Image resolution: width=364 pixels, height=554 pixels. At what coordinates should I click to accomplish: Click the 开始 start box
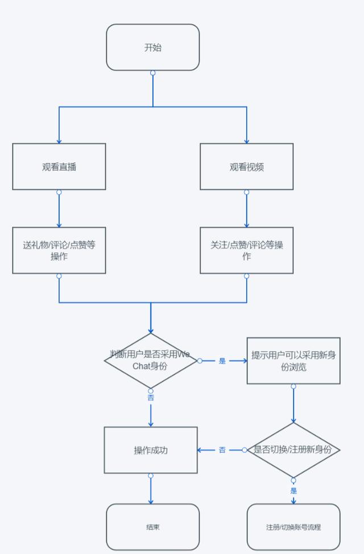pos(152,47)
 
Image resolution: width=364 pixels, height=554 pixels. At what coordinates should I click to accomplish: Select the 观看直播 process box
pos(59,167)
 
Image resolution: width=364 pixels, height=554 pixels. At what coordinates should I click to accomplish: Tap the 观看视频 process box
pos(246,167)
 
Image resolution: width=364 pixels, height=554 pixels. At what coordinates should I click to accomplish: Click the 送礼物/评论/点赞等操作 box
pos(59,250)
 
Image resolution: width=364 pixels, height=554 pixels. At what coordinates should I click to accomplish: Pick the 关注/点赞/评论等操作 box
pos(246,250)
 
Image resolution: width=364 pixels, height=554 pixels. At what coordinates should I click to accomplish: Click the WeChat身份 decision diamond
pos(151,361)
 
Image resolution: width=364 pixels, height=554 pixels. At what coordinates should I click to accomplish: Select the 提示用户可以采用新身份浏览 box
pos(293,361)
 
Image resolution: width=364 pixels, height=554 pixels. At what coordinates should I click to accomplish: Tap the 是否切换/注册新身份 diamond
pos(293,450)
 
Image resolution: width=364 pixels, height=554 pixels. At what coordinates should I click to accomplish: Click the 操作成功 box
pos(151,450)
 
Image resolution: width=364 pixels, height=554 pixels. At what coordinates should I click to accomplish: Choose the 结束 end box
pos(152,527)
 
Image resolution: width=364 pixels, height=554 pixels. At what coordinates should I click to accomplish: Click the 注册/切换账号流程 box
pos(293,527)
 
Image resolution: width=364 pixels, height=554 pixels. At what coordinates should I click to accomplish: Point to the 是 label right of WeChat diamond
pos(222,361)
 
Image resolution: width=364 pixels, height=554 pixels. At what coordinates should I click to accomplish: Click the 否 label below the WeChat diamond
pos(151,398)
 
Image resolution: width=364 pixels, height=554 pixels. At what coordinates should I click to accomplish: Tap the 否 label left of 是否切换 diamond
pos(222,450)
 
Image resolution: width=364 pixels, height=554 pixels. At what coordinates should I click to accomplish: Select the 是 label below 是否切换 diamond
pos(293,490)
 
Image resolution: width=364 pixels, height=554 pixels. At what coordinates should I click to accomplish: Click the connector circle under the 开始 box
pos(152,73)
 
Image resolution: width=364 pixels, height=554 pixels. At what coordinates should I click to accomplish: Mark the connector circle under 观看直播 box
pos(59,192)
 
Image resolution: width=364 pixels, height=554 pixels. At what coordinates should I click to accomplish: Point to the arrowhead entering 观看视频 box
pos(246,140)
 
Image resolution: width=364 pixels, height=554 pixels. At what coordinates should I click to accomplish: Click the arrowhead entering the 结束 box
pos(151,501)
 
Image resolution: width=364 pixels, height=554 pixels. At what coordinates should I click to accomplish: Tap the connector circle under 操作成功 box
pos(151,476)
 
